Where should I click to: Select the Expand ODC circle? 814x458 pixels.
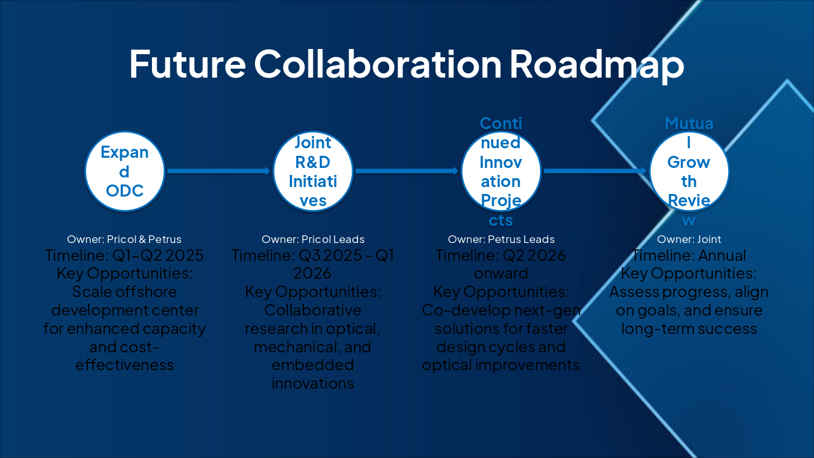point(125,171)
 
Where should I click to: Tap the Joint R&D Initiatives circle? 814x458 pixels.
point(313,171)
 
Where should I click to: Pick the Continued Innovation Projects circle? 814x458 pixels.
point(501,171)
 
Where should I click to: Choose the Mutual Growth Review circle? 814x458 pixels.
point(689,171)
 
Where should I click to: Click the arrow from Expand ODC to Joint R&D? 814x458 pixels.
point(218,170)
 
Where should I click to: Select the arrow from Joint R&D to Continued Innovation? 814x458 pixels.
point(406,170)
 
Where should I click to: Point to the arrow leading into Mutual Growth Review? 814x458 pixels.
point(595,170)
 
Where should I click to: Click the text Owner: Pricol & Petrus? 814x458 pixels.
point(124,240)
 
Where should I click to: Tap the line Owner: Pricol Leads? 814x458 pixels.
point(313,240)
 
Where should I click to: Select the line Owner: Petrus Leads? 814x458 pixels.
point(501,240)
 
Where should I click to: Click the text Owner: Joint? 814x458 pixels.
point(689,240)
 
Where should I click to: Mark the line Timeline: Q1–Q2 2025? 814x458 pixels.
point(124,256)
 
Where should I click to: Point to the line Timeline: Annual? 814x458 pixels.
point(689,256)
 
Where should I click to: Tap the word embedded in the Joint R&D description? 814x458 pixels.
point(313,366)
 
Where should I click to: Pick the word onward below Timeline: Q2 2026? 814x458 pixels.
point(501,274)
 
